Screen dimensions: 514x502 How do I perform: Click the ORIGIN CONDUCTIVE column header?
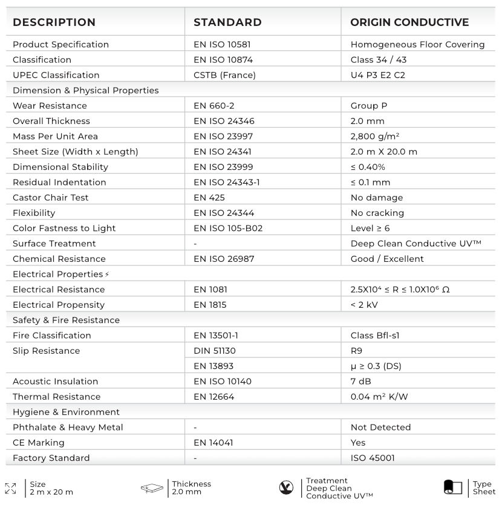(409, 22)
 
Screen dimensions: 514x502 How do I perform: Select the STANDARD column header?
(227, 22)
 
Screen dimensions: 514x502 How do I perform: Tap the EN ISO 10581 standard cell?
(222, 44)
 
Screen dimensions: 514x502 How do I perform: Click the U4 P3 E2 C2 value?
(378, 75)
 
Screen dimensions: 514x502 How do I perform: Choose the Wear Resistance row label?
(50, 106)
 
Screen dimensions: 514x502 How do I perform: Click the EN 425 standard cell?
(209, 198)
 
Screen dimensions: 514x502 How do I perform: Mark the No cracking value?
(377, 213)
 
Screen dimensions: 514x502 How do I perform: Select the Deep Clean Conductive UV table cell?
(416, 244)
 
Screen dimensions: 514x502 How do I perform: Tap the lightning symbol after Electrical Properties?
(107, 275)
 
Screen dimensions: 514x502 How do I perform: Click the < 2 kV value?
(364, 305)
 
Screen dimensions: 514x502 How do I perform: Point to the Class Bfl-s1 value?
(375, 336)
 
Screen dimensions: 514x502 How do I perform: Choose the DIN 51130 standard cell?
(215, 351)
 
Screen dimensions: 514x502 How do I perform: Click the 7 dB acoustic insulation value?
(361, 382)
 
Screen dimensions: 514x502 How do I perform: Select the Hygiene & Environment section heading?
(66, 412)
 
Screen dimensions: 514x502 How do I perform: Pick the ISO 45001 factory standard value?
(373, 458)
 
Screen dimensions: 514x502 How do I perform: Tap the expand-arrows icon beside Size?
(10, 488)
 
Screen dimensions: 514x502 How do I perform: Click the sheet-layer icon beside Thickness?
(152, 488)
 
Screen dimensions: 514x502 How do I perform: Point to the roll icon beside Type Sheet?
(453, 487)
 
